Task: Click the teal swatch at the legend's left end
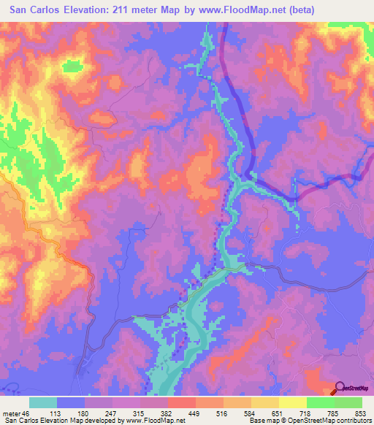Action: click(x=43, y=402)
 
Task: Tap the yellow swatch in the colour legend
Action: click(x=292, y=402)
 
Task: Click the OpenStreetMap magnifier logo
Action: click(x=340, y=388)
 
